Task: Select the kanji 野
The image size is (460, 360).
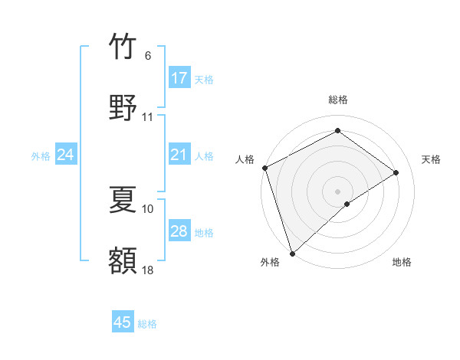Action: click(x=123, y=108)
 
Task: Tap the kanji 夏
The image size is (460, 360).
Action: click(x=123, y=200)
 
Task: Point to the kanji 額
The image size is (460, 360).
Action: click(x=123, y=260)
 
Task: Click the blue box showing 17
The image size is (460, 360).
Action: click(x=179, y=78)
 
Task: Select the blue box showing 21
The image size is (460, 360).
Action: click(x=179, y=155)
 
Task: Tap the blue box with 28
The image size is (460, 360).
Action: click(x=179, y=231)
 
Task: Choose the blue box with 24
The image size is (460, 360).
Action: click(x=66, y=155)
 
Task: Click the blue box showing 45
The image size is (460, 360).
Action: click(x=123, y=322)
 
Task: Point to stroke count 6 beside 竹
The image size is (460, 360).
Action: click(x=148, y=56)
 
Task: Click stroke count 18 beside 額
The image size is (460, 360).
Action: click(x=148, y=270)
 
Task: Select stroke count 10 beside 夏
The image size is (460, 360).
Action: click(x=148, y=208)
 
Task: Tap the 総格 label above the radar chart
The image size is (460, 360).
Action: click(x=338, y=100)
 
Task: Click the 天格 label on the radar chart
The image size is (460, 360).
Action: click(x=432, y=159)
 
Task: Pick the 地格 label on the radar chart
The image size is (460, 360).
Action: click(x=402, y=263)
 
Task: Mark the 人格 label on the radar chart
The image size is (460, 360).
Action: click(x=245, y=159)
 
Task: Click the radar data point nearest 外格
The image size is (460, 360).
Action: click(x=292, y=253)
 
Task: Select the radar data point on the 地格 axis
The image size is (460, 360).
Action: click(x=347, y=204)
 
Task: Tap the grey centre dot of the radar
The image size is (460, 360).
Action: click(x=337, y=191)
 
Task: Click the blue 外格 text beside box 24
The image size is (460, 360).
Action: click(x=40, y=156)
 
